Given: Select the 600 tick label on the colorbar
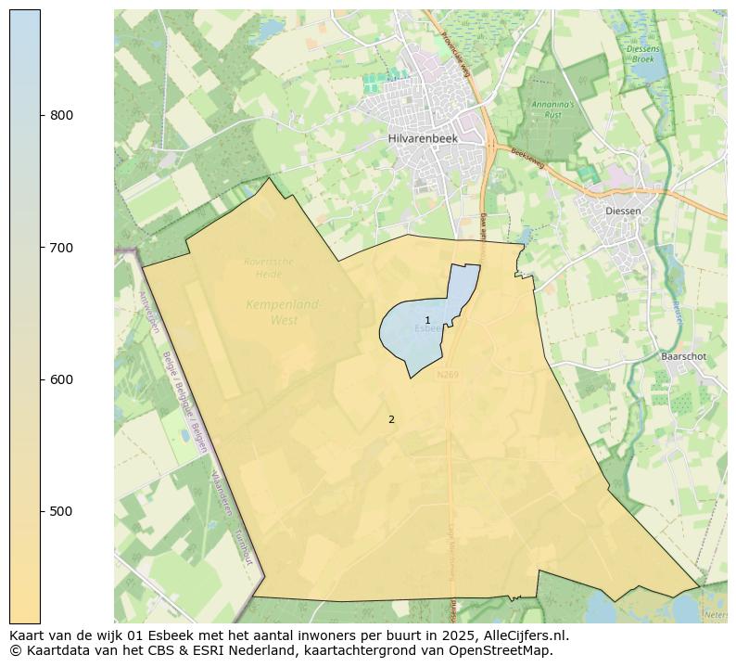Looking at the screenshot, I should coord(61,379).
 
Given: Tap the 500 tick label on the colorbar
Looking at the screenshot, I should coord(61,511).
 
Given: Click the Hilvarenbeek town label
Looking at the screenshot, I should coord(423,138).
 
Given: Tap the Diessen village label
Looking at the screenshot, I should coord(622,211).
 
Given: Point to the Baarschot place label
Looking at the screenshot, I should coord(684,356).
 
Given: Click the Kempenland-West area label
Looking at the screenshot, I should coord(284,312).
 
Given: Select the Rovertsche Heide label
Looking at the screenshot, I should coord(269,266).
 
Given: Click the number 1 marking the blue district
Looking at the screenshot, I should coord(427,320).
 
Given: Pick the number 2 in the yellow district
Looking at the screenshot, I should coord(391,419).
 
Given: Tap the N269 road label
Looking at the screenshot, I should coord(448,375).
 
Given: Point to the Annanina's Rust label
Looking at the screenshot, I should coord(554,108).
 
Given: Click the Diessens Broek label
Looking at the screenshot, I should coord(642,53).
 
